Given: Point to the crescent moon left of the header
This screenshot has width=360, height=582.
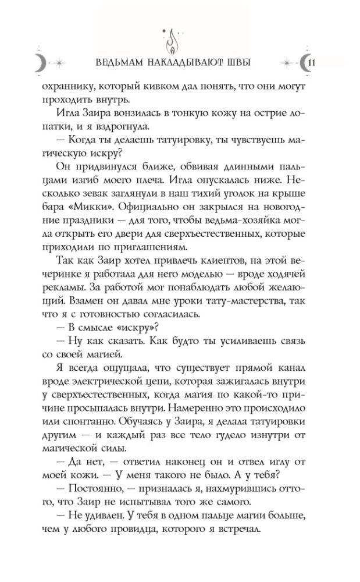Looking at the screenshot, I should click(39, 63).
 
